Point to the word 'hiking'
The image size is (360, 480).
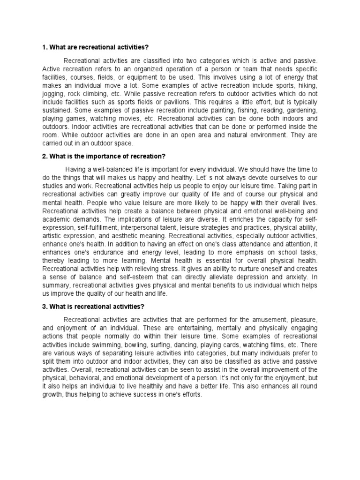307,85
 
